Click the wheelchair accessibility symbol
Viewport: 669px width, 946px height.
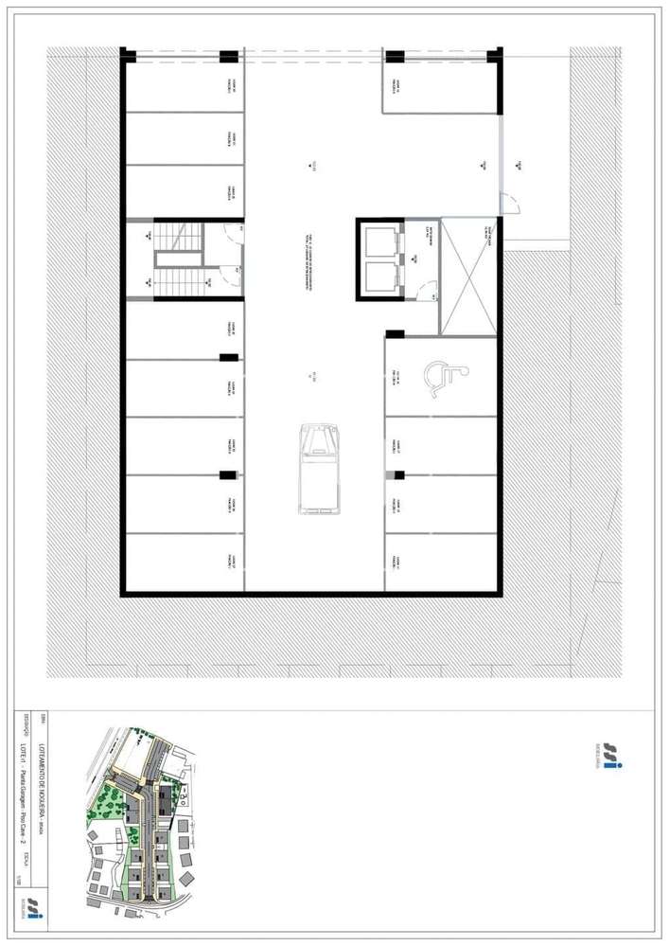[x=441, y=375]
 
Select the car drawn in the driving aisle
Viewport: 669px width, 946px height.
[x=319, y=470]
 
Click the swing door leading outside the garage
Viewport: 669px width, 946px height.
[x=509, y=202]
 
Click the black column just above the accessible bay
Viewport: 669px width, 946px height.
[x=395, y=334]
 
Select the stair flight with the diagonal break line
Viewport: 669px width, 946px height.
[x=177, y=280]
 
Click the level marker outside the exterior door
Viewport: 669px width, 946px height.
[x=520, y=164]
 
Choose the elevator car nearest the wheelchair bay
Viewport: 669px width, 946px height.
[x=381, y=278]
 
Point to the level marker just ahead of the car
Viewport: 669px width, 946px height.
[x=309, y=380]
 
